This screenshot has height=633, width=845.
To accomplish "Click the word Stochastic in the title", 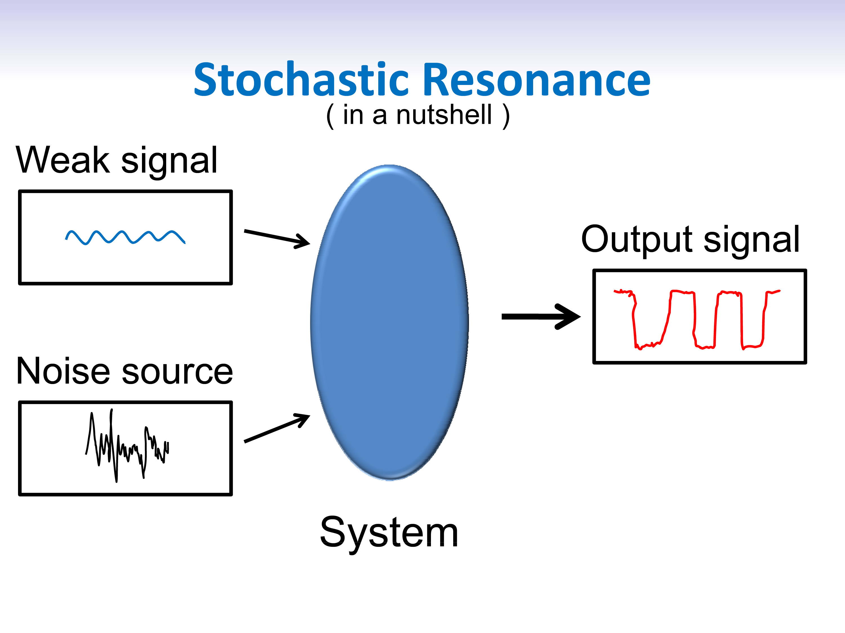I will coord(302,80).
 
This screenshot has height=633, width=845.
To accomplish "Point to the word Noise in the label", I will coord(63,371).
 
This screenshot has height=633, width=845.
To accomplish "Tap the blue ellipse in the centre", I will coord(389,322).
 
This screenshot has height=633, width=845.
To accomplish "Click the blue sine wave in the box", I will coord(125,237).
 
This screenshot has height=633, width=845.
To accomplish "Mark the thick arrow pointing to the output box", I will coord(540,316).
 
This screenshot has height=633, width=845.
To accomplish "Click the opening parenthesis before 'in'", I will coord(330,116).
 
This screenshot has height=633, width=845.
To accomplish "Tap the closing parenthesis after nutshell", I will coord(506,116).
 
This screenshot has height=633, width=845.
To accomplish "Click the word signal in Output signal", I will coord(751,240).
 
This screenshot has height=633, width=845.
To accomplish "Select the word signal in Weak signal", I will coord(169,161).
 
